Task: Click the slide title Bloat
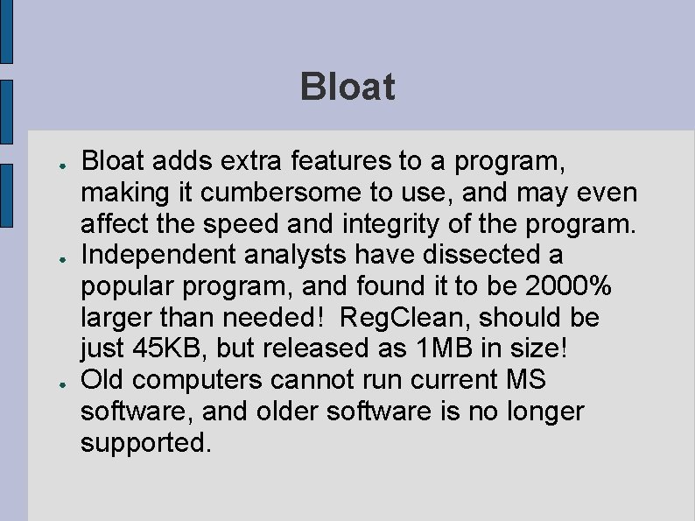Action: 347,88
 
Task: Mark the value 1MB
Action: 437,349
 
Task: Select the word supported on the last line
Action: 145,443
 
